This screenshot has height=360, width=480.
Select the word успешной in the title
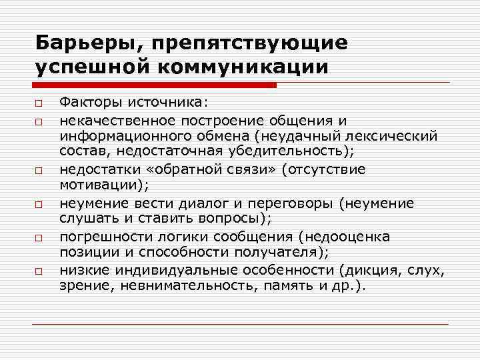pyautogui.click(x=87, y=67)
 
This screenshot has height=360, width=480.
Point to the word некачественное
pyautogui.click(x=117, y=120)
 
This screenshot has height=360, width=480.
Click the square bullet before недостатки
pyautogui.click(x=41, y=171)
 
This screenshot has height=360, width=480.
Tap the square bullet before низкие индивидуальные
pyautogui.click(x=41, y=271)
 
